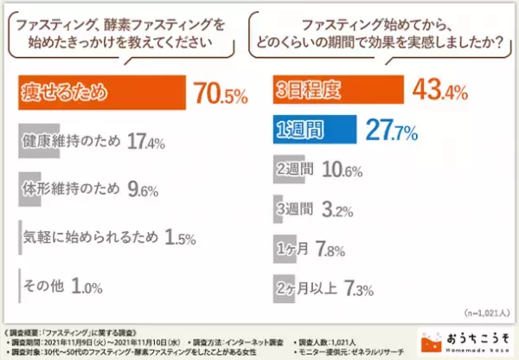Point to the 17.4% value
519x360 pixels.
coord(147,139)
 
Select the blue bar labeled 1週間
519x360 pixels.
coord(314,131)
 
